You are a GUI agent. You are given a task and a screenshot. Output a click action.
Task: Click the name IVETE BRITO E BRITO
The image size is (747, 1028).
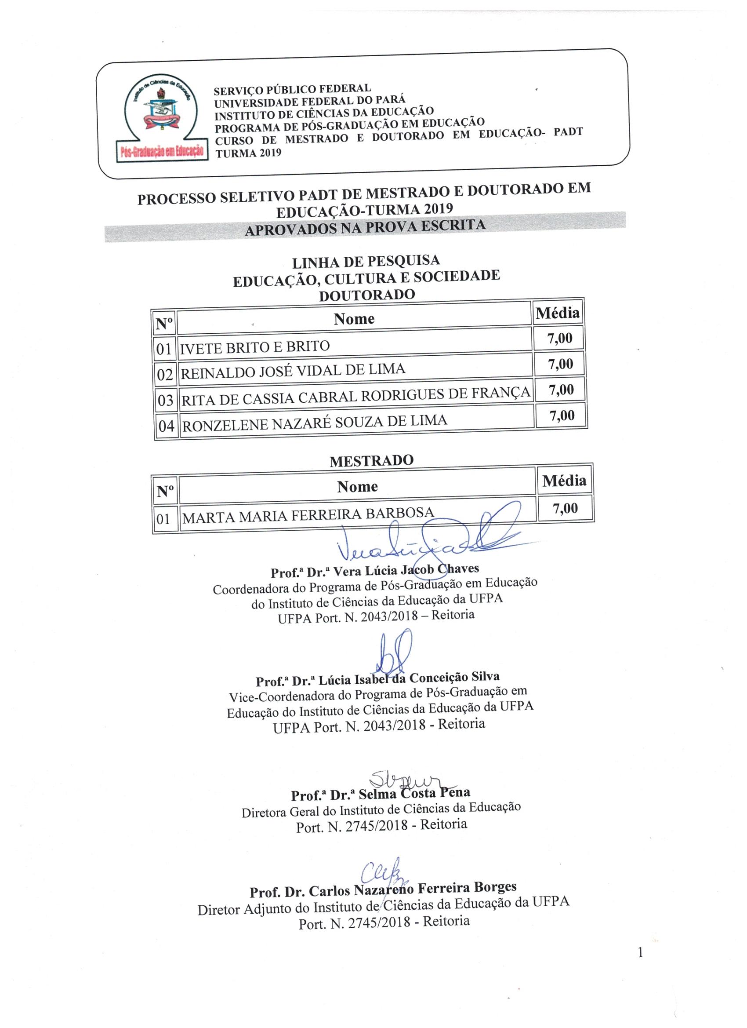click(x=254, y=347)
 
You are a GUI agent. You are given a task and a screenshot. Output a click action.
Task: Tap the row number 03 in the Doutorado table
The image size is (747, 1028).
click(x=165, y=400)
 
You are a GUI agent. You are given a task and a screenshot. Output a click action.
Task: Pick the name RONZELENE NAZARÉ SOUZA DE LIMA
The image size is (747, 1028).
click(x=314, y=423)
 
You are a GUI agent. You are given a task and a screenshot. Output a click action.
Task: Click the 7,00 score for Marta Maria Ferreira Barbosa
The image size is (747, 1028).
click(x=565, y=508)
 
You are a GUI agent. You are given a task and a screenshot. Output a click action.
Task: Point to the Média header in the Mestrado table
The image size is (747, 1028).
click(x=564, y=481)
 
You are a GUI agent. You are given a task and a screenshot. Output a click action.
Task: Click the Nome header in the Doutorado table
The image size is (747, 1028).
click(x=354, y=319)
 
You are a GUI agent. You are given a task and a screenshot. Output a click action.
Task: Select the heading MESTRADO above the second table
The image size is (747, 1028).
click(x=371, y=461)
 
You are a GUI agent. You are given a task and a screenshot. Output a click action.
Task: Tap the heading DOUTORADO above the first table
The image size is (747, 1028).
click(x=367, y=295)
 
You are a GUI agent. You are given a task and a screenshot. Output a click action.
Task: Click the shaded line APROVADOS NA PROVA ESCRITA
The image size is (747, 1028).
click(x=365, y=226)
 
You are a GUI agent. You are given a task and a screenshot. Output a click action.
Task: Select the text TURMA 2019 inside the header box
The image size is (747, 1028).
click(x=248, y=153)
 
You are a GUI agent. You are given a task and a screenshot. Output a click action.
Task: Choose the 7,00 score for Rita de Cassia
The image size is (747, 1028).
click(x=561, y=390)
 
